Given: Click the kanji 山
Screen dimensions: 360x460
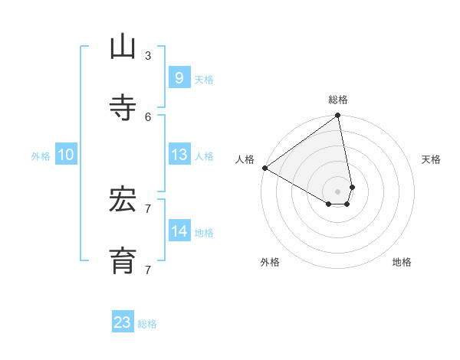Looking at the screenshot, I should tap(123, 47).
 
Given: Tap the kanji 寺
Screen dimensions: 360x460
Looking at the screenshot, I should tap(123, 108).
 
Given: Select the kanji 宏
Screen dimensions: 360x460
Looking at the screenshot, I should tap(123, 200).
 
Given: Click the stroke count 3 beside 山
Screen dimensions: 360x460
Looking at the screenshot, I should tap(148, 55).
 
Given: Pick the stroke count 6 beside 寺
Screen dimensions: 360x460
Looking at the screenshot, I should tap(148, 116).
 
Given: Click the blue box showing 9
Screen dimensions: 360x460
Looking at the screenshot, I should tap(179, 77).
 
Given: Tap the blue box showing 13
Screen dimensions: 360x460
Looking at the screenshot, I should tap(179, 155).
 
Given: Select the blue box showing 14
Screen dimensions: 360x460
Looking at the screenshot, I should tap(179, 231).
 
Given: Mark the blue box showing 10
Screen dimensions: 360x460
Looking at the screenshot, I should tap(66, 155).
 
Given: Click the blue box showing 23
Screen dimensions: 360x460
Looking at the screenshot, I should tap(123, 322).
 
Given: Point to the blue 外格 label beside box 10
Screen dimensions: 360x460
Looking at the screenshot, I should tap(41, 156).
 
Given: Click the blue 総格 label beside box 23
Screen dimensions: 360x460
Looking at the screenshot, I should tap(147, 324).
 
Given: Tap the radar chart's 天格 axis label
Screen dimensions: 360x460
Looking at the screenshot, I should tap(432, 159).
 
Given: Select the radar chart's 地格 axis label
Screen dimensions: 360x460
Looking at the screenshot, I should tap(402, 262).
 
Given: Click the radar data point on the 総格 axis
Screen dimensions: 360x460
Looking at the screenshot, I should tap(338, 116).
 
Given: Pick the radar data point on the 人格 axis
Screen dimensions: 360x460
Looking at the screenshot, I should tap(264, 168).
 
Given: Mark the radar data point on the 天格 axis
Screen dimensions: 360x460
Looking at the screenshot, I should tap(352, 187).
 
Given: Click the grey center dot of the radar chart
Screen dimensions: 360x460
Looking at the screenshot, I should tap(338, 191).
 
